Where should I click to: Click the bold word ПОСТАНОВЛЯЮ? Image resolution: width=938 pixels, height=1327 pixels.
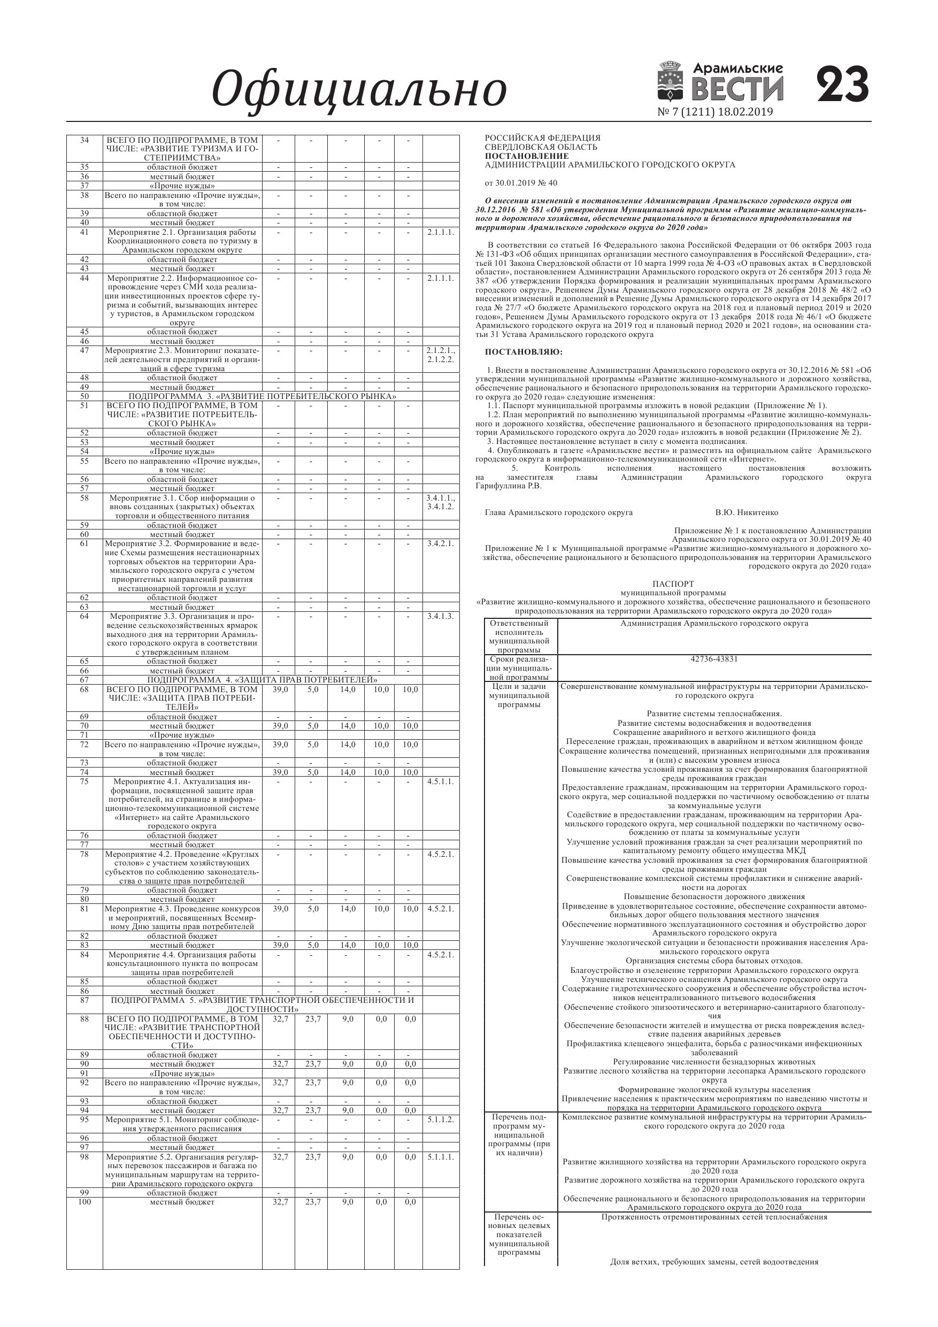coord(523,352)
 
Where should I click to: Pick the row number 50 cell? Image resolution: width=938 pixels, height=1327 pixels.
coord(84,396)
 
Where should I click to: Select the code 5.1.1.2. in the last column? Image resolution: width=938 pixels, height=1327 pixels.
coord(441,1119)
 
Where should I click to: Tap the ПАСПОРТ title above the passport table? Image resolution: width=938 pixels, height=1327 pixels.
coord(673,584)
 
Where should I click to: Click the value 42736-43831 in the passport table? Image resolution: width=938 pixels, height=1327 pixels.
coord(714,659)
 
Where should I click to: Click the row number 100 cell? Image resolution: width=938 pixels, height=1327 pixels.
coord(84,1202)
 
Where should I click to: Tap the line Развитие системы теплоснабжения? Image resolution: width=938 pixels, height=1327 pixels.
coord(714,714)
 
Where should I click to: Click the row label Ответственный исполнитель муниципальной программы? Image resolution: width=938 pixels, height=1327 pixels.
coord(519,636)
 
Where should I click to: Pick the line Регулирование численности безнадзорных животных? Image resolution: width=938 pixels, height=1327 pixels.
coord(714,1062)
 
